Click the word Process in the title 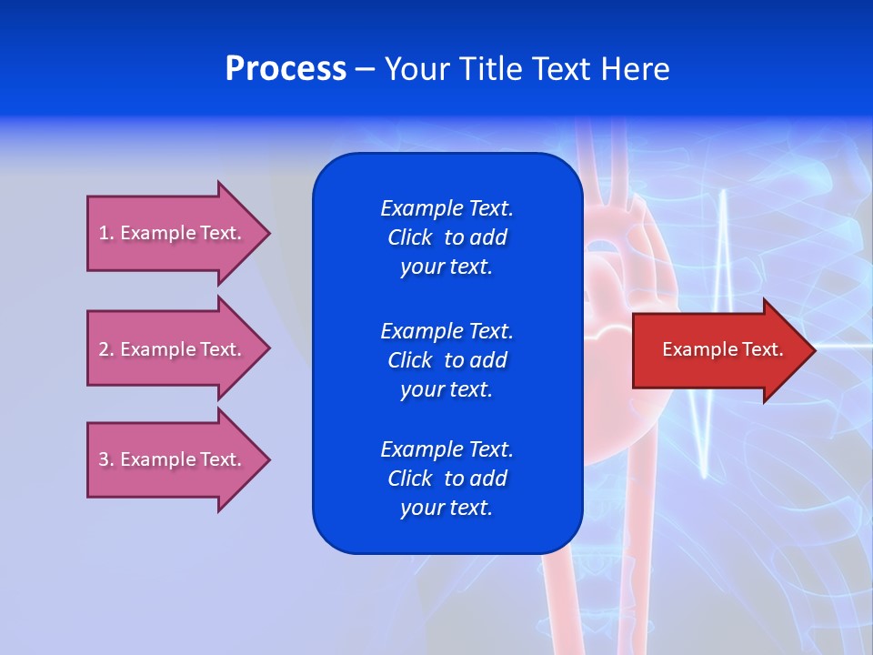[286, 69]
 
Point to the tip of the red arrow [814, 349]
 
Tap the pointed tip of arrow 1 [268, 233]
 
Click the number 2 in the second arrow [104, 349]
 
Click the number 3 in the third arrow [104, 459]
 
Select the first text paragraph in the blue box [447, 237]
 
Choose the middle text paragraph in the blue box [447, 359]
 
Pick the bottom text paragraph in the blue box [447, 479]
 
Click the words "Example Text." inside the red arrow [722, 349]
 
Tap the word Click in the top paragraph [409, 237]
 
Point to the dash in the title [365, 69]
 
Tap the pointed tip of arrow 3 [268, 459]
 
